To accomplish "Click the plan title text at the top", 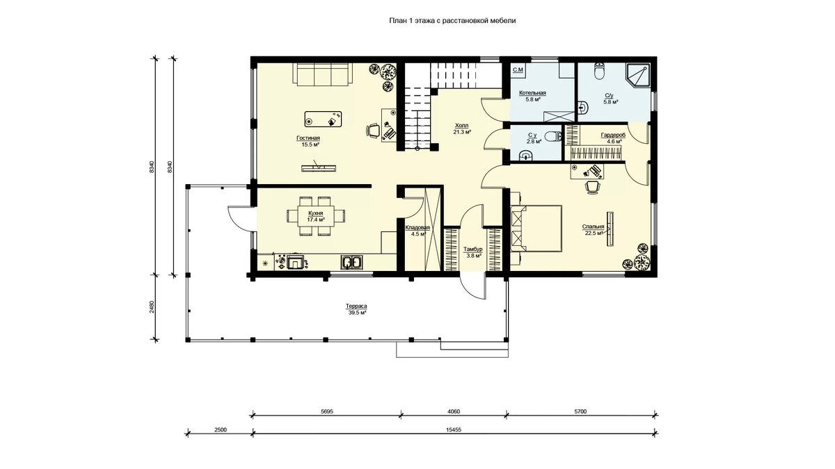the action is pyautogui.click(x=452, y=21).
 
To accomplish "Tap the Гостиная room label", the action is pyautogui.click(x=308, y=138).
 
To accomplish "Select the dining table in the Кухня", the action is pyautogui.click(x=316, y=216).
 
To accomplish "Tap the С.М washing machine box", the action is pyautogui.click(x=518, y=70).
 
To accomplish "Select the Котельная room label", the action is pyautogui.click(x=533, y=93).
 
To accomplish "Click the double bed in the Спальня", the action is pyautogui.click(x=536, y=229).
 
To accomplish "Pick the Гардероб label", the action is pyautogui.click(x=613, y=135).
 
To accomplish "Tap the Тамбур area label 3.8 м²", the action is pyautogui.click(x=472, y=256).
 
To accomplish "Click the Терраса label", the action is pyautogui.click(x=356, y=306).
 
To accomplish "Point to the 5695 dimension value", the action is pyautogui.click(x=326, y=411).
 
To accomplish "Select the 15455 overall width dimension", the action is pyautogui.click(x=454, y=429).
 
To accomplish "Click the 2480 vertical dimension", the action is pyautogui.click(x=152, y=306).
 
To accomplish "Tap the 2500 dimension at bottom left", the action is pyautogui.click(x=221, y=429).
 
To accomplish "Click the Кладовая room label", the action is pyautogui.click(x=417, y=228).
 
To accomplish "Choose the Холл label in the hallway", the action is pyautogui.click(x=461, y=126).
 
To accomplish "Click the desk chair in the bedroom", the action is pyautogui.click(x=591, y=187).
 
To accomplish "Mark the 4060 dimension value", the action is pyautogui.click(x=453, y=411).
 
